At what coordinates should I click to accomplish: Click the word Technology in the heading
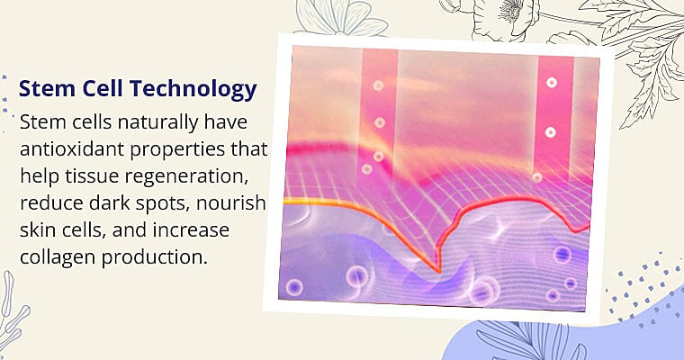199,90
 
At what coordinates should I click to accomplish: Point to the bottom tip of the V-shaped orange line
437,269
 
